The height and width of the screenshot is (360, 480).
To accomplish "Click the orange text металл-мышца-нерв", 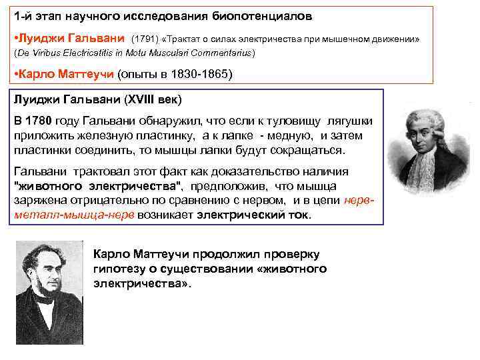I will coord(74,215).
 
